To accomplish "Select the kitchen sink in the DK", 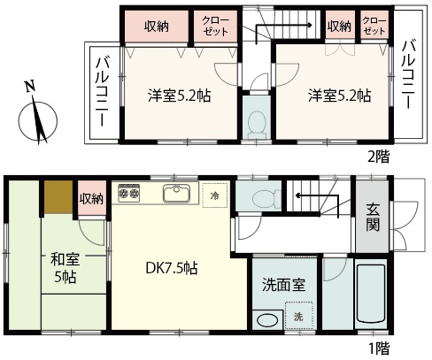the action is tap(176, 193).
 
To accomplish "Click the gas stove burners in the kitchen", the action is tap(128, 193).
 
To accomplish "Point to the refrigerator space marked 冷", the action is tap(215, 195).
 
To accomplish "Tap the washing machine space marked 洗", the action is tap(298, 316).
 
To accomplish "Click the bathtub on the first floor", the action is tap(371, 294).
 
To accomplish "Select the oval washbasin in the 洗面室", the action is tap(267, 320).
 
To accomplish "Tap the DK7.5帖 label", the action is tap(172, 268).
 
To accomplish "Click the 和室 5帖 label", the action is tap(66, 268).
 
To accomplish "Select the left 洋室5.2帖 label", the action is tap(180, 96).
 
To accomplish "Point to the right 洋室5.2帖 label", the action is tap(339, 96).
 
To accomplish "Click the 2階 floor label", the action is tap(379, 157).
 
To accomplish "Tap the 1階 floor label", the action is tap(380, 349).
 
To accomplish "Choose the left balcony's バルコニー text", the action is tap(102, 92).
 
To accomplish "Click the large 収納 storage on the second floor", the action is tap(157, 27).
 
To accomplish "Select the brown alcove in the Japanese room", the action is tap(58, 197).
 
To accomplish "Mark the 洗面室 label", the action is tap(283, 285).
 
